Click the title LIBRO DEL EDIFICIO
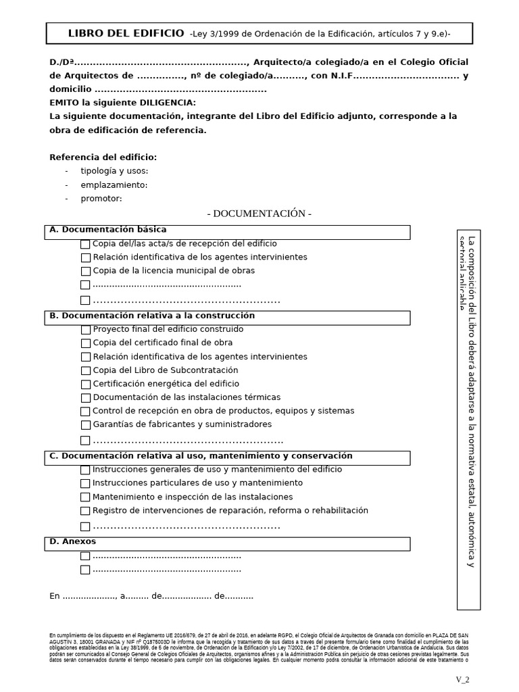(x=126, y=33)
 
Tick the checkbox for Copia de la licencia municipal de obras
(x=85, y=271)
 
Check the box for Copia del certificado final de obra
(x=85, y=343)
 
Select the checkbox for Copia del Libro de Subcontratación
(x=85, y=370)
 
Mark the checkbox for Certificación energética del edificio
(x=85, y=384)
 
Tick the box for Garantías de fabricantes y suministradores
(x=85, y=425)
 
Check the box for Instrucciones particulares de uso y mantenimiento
(x=85, y=483)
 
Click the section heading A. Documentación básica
(x=107, y=230)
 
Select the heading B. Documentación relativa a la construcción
(x=152, y=316)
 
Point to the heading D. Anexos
(x=73, y=541)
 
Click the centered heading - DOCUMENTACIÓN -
(x=259, y=214)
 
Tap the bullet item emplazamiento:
(x=114, y=185)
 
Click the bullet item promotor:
(x=101, y=199)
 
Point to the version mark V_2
(x=462, y=679)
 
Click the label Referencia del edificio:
(x=103, y=157)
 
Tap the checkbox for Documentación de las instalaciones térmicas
(x=85, y=398)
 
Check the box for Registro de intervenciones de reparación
(x=85, y=511)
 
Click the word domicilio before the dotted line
(x=70, y=89)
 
